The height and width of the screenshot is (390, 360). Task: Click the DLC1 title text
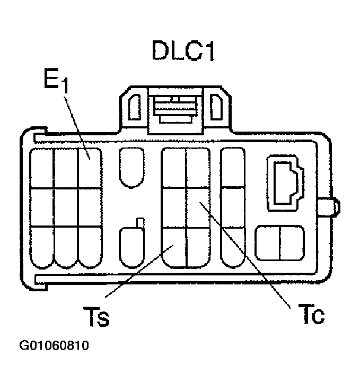[183, 51]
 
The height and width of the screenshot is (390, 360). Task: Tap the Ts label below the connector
[96, 317]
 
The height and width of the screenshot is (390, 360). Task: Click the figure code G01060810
[54, 346]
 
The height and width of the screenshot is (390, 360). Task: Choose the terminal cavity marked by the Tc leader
[198, 207]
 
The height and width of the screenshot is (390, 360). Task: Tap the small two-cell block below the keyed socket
[279, 244]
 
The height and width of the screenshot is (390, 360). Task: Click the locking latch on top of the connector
[174, 109]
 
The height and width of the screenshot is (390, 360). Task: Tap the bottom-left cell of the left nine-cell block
[42, 247]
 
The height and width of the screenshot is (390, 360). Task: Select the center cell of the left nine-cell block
[66, 207]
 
